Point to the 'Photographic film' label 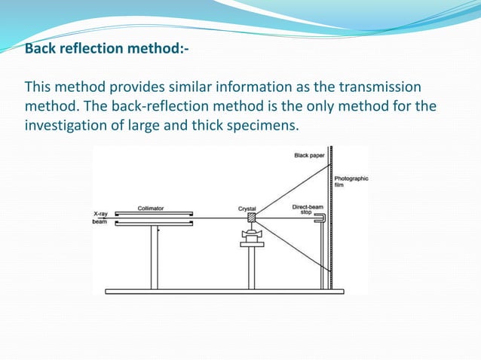[351, 183]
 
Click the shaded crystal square [251, 218]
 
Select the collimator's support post [154, 256]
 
